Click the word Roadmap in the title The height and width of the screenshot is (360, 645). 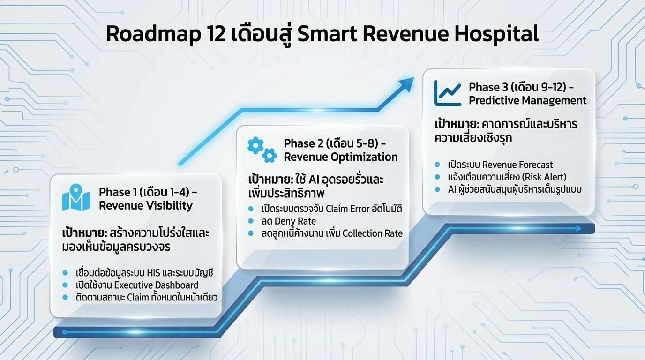click(153, 34)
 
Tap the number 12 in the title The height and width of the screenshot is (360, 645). click(216, 34)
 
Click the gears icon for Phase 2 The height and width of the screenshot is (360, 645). click(262, 150)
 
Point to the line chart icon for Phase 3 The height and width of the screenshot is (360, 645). click(448, 93)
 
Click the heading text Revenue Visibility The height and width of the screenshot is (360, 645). click(146, 206)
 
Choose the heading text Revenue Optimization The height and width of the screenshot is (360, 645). click(341, 157)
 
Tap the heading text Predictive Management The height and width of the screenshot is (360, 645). click(527, 100)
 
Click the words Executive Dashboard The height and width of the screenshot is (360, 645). click(157, 285)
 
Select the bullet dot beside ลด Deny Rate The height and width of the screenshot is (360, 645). click(251, 221)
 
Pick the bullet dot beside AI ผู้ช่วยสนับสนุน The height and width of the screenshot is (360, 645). click(437, 189)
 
